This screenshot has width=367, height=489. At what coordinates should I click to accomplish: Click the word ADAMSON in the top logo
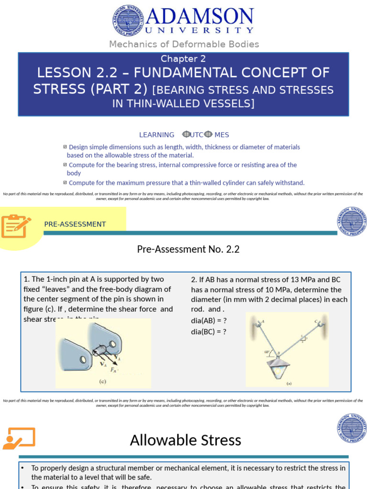coord(200,17)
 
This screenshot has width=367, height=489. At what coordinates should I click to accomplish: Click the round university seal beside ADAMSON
coord(128,20)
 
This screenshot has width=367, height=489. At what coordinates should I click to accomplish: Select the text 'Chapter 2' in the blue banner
coord(183,59)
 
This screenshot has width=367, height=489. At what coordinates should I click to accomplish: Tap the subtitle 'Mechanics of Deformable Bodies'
coord(184,44)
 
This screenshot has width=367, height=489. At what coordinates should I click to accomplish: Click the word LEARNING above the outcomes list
coord(157,135)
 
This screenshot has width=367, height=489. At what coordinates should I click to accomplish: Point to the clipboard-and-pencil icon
coord(16,226)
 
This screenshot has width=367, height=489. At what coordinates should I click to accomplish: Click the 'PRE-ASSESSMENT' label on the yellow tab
coord(75,224)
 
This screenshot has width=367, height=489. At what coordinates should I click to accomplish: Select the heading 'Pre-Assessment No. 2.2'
coord(188,249)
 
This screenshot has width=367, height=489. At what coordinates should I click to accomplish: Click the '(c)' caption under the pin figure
coord(103,381)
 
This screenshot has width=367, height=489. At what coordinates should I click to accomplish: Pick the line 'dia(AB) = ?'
coord(209,320)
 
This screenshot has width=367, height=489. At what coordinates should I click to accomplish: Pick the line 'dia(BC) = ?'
coord(209,330)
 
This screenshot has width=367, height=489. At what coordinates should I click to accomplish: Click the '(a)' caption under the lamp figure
coord(289,383)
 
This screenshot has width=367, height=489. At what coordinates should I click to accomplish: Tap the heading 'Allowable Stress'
coord(185,440)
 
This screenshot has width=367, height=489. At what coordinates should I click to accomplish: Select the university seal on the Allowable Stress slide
coord(351,428)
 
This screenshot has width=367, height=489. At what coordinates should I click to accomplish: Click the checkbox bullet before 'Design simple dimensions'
coord(65,147)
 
